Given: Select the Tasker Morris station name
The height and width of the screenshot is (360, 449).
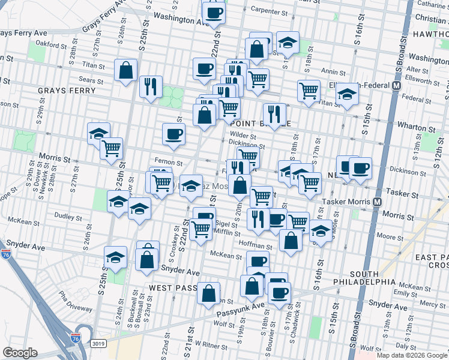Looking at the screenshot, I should click(x=347, y=202).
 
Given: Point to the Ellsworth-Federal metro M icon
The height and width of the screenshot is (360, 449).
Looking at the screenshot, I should click(x=396, y=86).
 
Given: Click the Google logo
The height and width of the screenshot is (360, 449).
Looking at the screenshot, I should click(x=20, y=353).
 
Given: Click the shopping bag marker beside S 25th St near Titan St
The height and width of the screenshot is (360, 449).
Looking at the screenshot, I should click(x=127, y=71).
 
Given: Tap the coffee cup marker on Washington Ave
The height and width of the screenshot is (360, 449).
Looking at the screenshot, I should click(x=213, y=13).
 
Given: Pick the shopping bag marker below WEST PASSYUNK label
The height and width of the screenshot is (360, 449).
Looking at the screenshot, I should click(x=208, y=294).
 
